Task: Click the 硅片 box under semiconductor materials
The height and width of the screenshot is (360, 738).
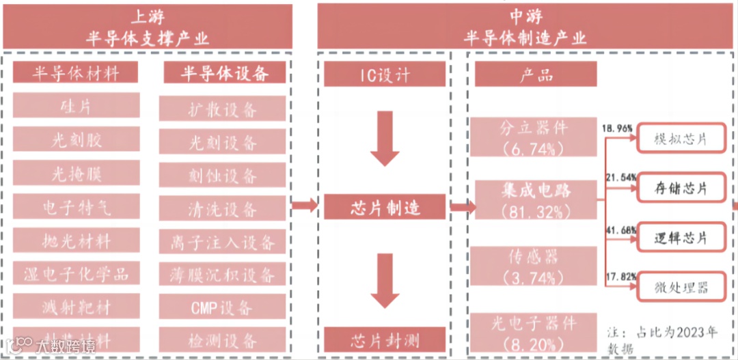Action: pos(76,106)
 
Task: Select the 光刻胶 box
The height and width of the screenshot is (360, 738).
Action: pos(76,141)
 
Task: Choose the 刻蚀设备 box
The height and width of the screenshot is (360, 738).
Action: pos(223,175)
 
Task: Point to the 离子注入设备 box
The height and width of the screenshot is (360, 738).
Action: pos(223,240)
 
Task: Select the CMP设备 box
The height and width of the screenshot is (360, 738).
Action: pos(223,307)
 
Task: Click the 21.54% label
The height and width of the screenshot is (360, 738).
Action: pos(619,177)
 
